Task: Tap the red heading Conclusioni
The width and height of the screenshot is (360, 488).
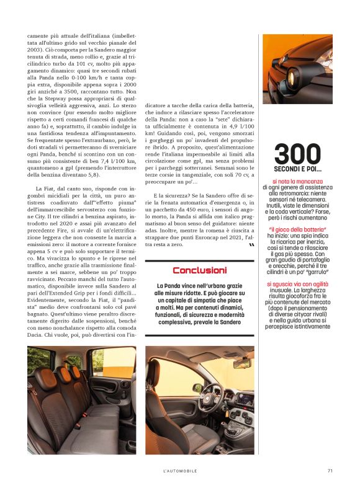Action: pyautogui.click(x=199, y=270)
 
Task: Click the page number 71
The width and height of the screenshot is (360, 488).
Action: pyautogui.click(x=330, y=471)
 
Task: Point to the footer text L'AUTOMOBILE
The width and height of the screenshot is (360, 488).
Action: pyautogui.click(x=179, y=471)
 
